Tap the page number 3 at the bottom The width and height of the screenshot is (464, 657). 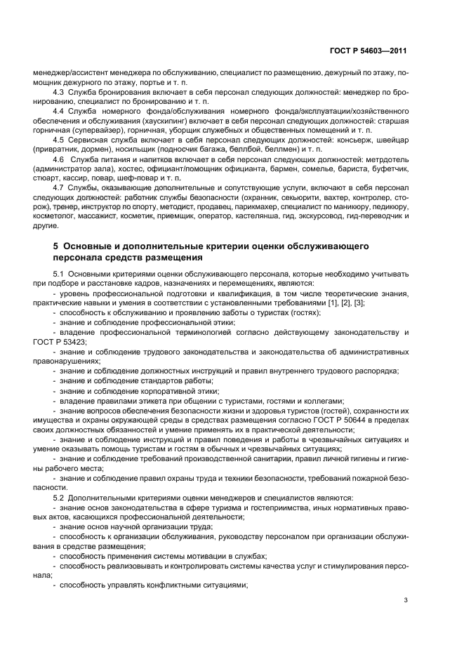tap(406, 600)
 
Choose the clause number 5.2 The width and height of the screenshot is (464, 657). tap(58, 497)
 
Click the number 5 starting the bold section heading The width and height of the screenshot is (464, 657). tap(56, 246)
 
